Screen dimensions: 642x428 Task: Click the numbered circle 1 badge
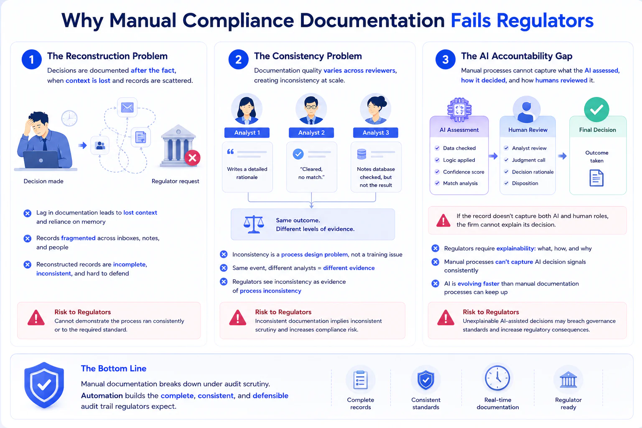(31, 59)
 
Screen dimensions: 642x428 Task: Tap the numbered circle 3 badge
(445, 59)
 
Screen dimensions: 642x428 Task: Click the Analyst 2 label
(311, 132)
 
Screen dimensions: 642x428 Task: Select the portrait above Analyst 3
(375, 109)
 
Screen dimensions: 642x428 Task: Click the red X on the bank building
(192, 158)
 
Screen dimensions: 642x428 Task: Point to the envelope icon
(127, 107)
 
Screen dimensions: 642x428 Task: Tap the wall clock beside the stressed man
(69, 118)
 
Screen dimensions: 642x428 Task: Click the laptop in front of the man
(41, 160)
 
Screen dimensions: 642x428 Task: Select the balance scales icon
(254, 224)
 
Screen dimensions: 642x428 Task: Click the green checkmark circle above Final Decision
(596, 109)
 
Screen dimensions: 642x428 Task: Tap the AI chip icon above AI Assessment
(459, 110)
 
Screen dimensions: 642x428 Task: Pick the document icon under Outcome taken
(596, 178)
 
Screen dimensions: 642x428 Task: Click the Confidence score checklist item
(460, 172)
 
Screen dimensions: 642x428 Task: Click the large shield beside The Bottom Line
(44, 385)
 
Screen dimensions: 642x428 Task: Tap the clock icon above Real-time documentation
(497, 378)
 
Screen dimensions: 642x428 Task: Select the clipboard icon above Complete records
(360, 380)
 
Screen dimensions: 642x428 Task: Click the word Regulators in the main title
(545, 20)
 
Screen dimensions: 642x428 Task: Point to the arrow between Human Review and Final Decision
(562, 156)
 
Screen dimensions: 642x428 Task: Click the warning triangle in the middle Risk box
(237, 318)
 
